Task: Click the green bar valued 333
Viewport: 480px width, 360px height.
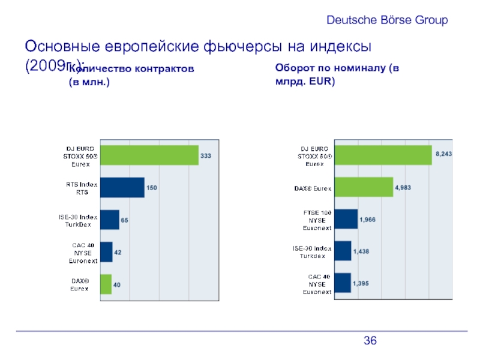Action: pos(149,155)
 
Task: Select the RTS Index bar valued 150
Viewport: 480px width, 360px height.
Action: pos(122,187)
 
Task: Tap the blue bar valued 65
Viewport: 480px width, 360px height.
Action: pos(109,220)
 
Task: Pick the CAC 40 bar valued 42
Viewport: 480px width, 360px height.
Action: pos(106,252)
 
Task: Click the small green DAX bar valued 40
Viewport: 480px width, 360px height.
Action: pos(106,284)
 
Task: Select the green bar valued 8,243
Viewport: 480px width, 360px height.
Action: pos(382,155)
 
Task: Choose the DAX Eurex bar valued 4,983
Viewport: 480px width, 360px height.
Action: pos(363,187)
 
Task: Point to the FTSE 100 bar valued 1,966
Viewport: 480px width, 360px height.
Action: pos(346,219)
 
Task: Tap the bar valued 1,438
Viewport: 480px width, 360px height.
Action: pos(342,251)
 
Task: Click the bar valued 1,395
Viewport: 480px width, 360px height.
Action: pos(342,283)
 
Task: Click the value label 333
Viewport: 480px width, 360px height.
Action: pos(206,156)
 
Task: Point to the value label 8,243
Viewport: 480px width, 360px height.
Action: pos(443,154)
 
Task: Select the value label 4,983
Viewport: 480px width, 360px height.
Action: pos(403,187)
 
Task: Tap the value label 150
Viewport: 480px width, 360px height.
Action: pos(152,188)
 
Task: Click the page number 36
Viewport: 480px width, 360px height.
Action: pos(370,341)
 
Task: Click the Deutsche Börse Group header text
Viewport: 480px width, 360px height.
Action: pos(387,20)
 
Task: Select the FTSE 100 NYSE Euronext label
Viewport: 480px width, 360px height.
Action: pos(316,220)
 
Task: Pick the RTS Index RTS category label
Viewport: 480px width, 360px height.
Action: pos(82,187)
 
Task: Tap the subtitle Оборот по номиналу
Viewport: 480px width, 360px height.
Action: pos(337,74)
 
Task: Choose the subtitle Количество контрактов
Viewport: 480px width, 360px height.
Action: pos(132,76)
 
